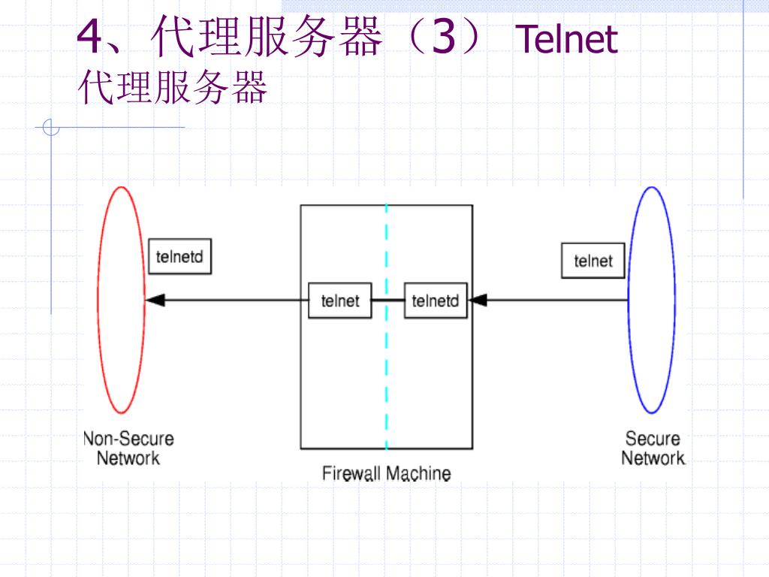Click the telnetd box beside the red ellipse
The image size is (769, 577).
point(180,256)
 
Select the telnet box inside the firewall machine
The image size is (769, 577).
point(340,301)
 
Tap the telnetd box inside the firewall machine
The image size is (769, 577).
point(436,301)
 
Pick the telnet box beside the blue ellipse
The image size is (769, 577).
point(593,261)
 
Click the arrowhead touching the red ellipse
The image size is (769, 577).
point(155,300)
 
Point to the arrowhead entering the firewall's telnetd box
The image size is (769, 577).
point(477,300)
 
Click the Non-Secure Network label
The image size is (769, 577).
point(128,448)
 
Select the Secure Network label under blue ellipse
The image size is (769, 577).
point(653,448)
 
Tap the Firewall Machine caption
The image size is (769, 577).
point(387,473)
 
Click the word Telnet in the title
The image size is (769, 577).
point(566,39)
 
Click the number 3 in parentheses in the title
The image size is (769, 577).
point(444,37)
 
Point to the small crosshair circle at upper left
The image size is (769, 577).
point(51,128)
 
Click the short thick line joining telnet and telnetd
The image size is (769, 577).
point(388,300)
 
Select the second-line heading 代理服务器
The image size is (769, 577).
point(173,87)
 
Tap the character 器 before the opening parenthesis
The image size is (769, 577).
point(361,36)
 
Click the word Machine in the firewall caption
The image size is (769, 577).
point(419,473)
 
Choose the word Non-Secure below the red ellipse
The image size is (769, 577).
point(128,439)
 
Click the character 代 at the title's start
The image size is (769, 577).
point(173,36)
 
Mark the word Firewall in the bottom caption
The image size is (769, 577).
point(351,473)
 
